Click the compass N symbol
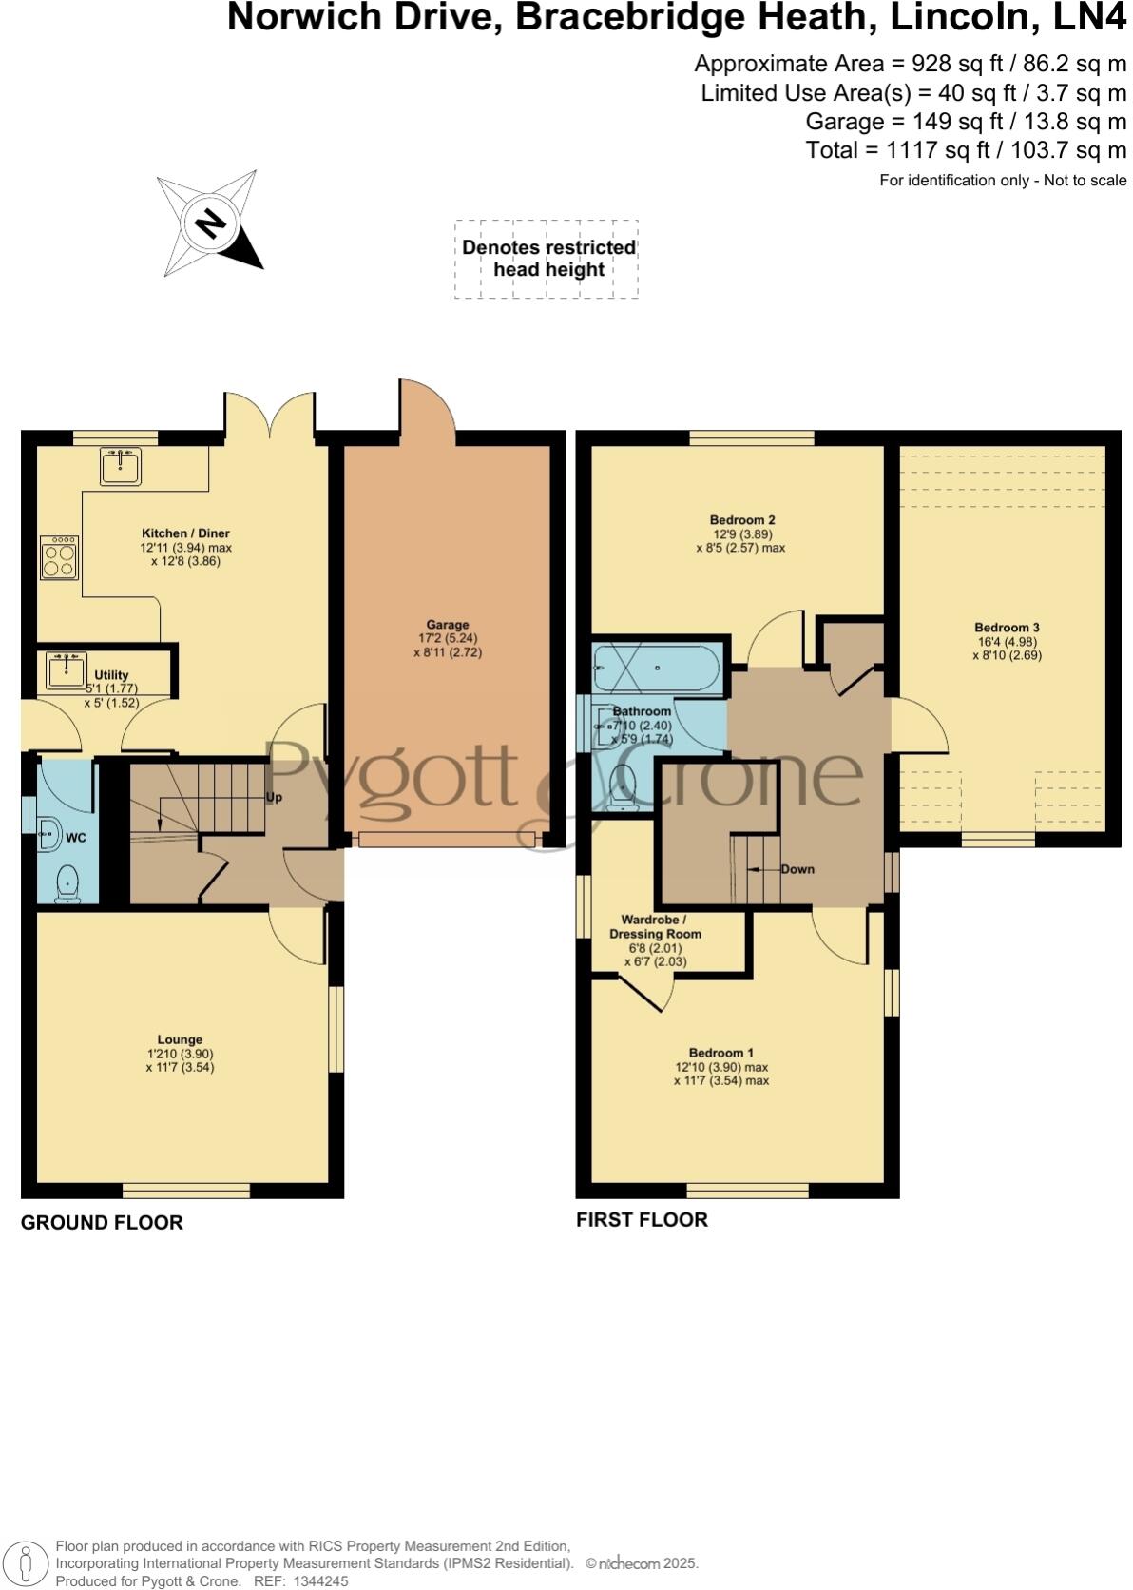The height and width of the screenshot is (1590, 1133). (210, 224)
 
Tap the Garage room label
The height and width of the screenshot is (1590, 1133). (447, 625)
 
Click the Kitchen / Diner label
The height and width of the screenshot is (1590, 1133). (185, 533)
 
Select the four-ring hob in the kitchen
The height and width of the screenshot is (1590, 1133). (59, 557)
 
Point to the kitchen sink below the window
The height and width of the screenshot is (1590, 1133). (121, 466)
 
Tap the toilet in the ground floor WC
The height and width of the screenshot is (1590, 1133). (67, 882)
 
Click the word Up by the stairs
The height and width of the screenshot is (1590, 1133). (274, 798)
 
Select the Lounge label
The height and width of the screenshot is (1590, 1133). (180, 1039)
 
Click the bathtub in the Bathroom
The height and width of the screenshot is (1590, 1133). (656, 669)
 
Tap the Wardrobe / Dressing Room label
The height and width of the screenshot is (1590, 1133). (655, 926)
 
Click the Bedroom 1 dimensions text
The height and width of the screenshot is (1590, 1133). (721, 1074)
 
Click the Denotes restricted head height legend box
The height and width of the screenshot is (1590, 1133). (547, 259)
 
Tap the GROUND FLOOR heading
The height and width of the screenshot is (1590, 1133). (102, 1223)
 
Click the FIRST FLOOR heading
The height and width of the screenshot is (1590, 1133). (642, 1220)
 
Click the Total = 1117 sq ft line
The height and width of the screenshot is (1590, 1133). (966, 150)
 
